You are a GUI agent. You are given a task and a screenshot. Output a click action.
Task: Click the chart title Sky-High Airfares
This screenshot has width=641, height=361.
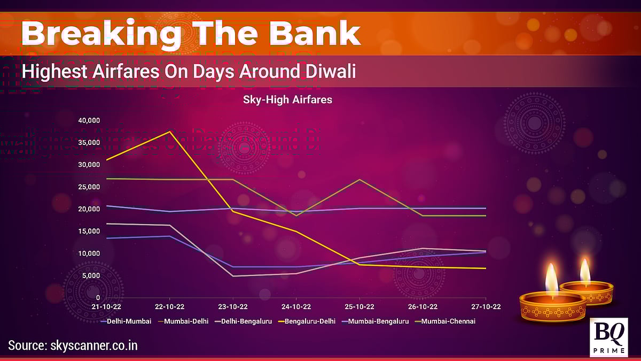(287, 99)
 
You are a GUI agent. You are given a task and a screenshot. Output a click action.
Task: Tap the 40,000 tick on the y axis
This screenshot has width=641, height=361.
(89, 120)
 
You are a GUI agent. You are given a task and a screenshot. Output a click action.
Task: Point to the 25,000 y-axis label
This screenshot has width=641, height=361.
(89, 187)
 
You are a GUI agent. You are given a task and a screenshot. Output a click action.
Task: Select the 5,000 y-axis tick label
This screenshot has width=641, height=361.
(91, 275)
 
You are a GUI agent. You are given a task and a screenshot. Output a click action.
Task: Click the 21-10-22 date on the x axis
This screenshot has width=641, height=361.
(106, 307)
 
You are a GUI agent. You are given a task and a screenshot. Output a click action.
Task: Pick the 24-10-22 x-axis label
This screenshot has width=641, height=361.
(296, 307)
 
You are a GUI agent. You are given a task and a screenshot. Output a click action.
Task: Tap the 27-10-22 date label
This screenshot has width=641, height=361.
(486, 307)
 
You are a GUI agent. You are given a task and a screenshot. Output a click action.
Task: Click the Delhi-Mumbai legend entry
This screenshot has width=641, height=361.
(126, 321)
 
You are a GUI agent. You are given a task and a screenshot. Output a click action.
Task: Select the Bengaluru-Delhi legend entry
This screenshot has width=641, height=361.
(307, 321)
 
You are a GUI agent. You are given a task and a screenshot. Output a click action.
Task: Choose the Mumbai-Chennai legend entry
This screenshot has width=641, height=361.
(445, 321)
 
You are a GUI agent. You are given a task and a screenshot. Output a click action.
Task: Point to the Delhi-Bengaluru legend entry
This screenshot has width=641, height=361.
(244, 321)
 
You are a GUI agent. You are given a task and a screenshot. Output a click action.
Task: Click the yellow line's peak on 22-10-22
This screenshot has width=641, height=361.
(170, 132)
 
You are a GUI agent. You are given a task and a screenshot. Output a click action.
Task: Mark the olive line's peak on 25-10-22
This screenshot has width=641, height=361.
(359, 180)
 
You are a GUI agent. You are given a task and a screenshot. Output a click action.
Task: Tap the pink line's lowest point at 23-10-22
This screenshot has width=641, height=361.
(233, 276)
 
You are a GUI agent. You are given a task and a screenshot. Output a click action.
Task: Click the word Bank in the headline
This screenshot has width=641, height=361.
(315, 33)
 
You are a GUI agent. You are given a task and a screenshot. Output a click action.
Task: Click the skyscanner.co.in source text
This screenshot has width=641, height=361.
(94, 345)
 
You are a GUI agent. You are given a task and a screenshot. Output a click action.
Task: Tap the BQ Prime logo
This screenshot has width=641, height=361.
(609, 337)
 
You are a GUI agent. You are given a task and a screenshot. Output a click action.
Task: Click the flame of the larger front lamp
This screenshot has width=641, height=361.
(552, 279)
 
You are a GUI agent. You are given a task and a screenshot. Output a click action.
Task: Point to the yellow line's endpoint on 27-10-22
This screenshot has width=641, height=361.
(486, 268)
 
